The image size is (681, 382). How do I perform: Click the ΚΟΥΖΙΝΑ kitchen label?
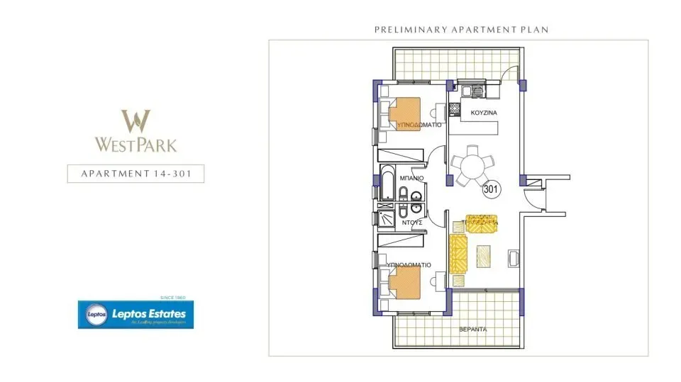(x=483, y=113)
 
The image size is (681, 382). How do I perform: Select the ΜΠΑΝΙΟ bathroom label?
(x=411, y=178)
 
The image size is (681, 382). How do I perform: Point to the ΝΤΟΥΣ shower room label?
(x=412, y=222)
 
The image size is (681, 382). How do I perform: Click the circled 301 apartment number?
(x=490, y=189)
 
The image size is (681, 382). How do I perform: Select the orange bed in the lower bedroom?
(x=405, y=282)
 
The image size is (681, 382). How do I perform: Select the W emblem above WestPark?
(x=135, y=121)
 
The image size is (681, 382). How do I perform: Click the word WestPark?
(x=135, y=145)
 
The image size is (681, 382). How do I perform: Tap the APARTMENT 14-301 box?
(x=135, y=174)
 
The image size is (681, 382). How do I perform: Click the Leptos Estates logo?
(x=136, y=314)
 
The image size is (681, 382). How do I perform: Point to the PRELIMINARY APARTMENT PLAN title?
(x=462, y=30)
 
